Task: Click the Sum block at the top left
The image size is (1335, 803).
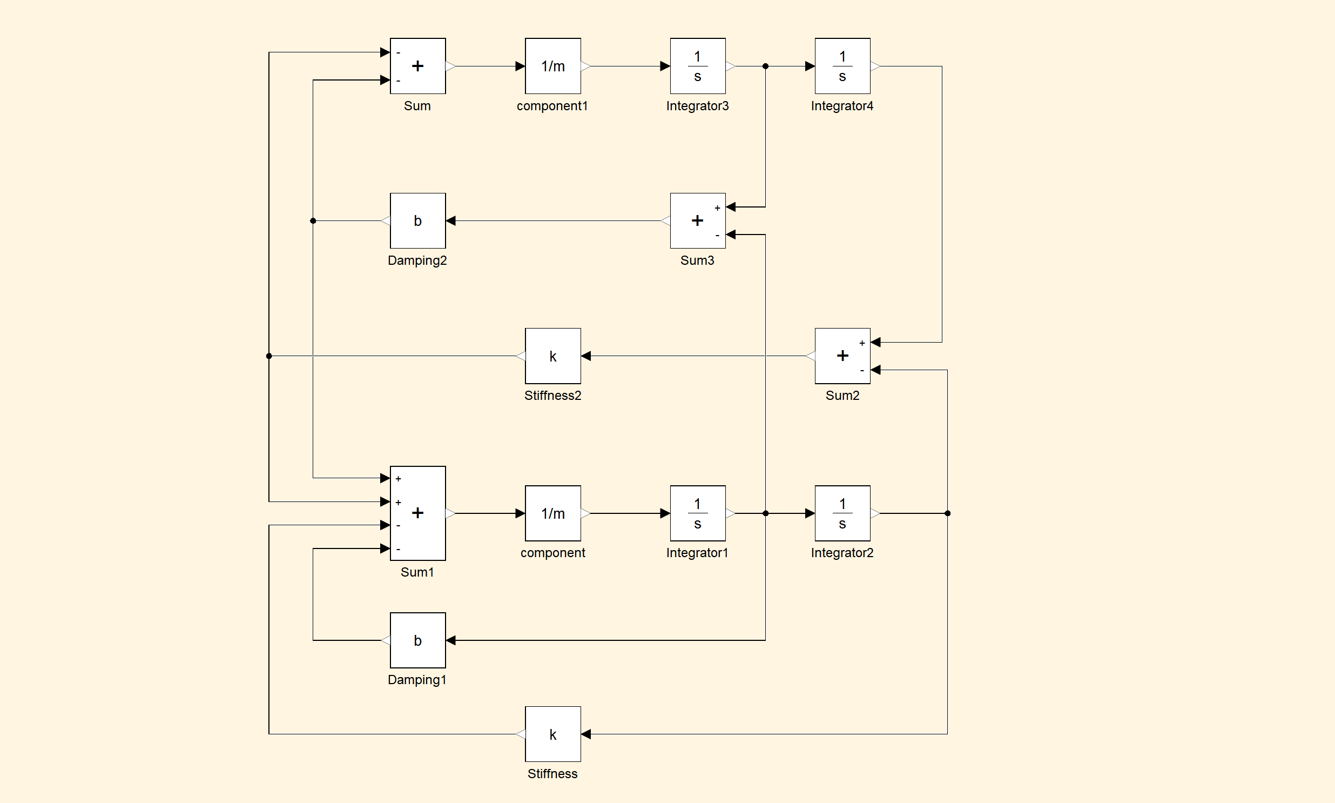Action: click(417, 66)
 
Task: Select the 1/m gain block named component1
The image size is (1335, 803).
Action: click(552, 66)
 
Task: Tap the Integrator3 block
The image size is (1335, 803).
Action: click(698, 66)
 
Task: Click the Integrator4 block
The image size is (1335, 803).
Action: click(842, 66)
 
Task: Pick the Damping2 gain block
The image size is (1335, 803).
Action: click(417, 221)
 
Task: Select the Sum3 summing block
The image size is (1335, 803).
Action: click(698, 221)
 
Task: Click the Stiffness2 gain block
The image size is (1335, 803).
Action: click(552, 356)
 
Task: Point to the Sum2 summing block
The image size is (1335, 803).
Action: click(842, 356)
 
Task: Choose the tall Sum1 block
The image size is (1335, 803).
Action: click(417, 513)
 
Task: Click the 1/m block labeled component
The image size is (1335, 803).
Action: click(552, 513)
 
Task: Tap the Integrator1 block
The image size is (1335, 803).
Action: click(698, 513)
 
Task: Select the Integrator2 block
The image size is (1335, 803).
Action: click(842, 513)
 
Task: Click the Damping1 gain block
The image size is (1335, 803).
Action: click(417, 640)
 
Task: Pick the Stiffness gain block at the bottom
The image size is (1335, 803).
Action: click(552, 734)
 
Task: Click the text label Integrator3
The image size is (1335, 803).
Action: click(698, 106)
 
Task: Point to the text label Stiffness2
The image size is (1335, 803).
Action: click(552, 396)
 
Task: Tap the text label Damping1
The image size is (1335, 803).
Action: click(417, 680)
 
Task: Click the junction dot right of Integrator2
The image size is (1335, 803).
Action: click(947, 513)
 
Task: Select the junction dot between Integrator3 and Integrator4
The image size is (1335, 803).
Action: click(765, 66)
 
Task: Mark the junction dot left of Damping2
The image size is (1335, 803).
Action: click(313, 221)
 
